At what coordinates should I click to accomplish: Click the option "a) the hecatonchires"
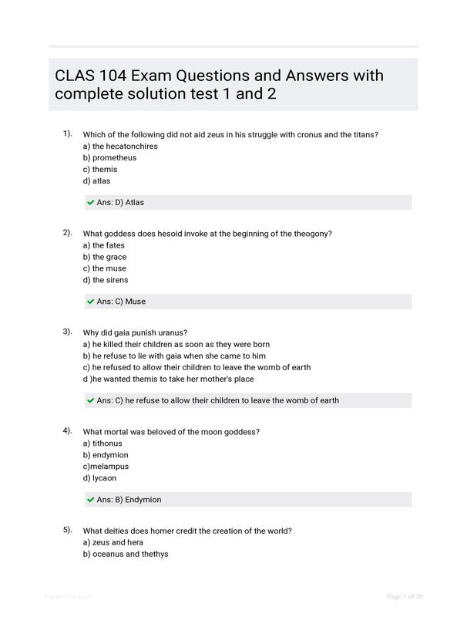pos(120,147)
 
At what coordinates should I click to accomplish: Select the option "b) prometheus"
pos(109,158)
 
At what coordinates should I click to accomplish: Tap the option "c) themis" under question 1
pos(101,170)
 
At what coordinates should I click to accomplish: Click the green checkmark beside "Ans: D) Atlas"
pos(91,203)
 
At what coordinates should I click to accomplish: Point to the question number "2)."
pos(67,232)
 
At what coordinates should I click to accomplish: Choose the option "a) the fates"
pos(103,245)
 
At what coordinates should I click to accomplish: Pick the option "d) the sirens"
pos(106,280)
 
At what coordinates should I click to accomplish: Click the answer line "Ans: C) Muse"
pos(121,302)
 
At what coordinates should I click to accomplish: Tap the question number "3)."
pos(67,332)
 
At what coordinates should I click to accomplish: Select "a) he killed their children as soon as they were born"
pos(176,345)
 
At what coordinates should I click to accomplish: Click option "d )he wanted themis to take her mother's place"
pos(168,379)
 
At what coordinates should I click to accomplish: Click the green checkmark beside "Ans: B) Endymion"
pos(91,500)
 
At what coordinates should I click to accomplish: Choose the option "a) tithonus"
pos(102,443)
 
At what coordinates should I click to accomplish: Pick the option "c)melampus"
pos(106,467)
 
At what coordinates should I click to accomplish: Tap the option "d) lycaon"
pos(99,478)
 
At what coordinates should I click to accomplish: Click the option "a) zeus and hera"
pos(113,542)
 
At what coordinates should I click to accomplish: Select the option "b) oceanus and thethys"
pos(125,554)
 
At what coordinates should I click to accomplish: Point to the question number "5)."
pos(67,530)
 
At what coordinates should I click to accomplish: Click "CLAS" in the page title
pos(76,76)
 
